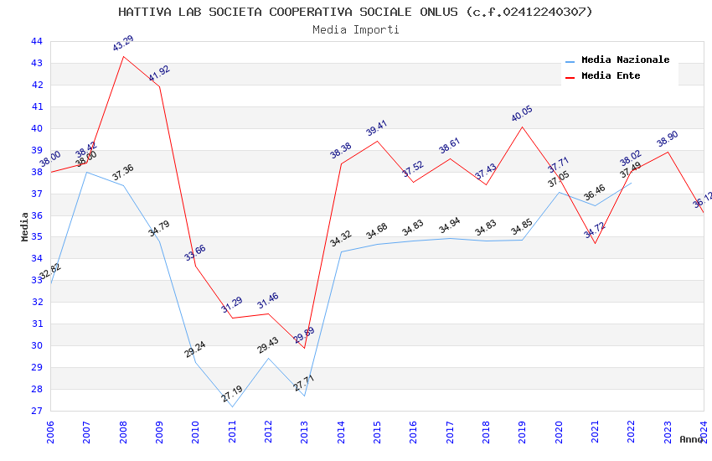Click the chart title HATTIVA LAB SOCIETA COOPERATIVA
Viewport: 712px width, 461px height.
tap(355, 12)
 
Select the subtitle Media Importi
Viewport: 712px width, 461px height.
tap(355, 29)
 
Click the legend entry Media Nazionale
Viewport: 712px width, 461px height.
tap(625, 60)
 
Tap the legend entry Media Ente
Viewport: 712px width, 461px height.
tap(611, 75)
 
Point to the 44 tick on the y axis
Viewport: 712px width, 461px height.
tap(36, 41)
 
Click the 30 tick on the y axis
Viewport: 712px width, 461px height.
tap(36, 345)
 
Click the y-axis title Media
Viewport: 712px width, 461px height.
tap(25, 226)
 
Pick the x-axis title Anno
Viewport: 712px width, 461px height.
tap(691, 439)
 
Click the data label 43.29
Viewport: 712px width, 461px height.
tap(123, 44)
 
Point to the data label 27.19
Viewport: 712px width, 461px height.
tap(232, 394)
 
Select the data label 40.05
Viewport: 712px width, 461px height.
tap(522, 114)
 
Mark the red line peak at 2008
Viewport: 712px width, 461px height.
tap(123, 56)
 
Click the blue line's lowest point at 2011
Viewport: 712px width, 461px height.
tap(232, 407)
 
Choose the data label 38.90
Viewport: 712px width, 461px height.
tap(668, 139)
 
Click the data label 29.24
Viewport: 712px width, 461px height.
tap(195, 350)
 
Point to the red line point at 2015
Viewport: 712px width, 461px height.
tap(377, 141)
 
